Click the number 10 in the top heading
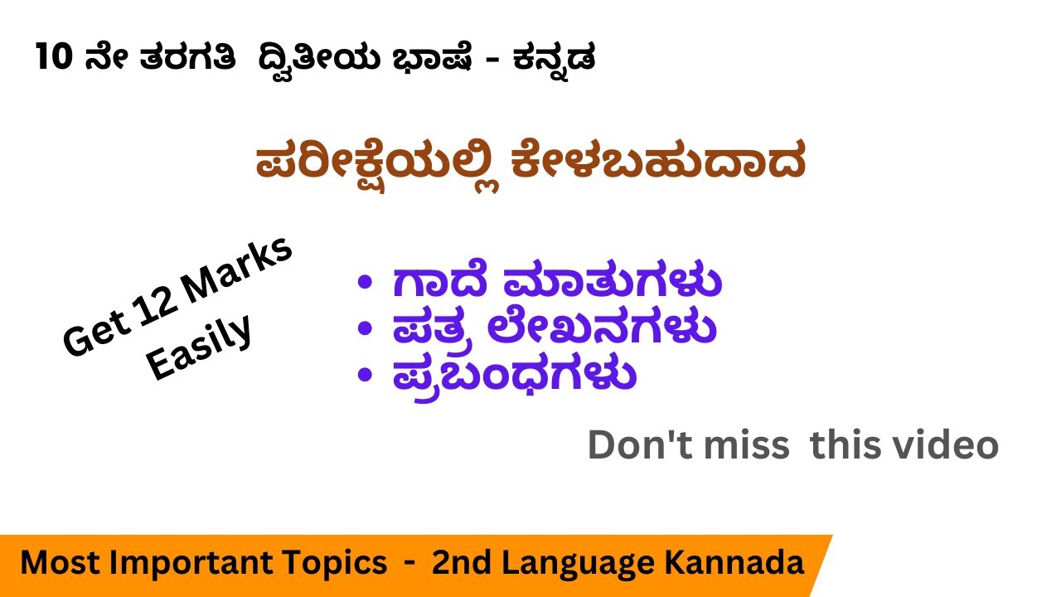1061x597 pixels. point(54,60)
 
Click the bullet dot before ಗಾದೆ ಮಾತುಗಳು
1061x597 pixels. point(363,284)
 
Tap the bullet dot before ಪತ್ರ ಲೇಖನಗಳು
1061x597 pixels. point(363,329)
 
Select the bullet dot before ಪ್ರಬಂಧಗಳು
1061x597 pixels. point(363,376)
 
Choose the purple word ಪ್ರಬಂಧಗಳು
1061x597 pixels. point(514,376)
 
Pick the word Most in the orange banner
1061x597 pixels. point(57,563)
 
